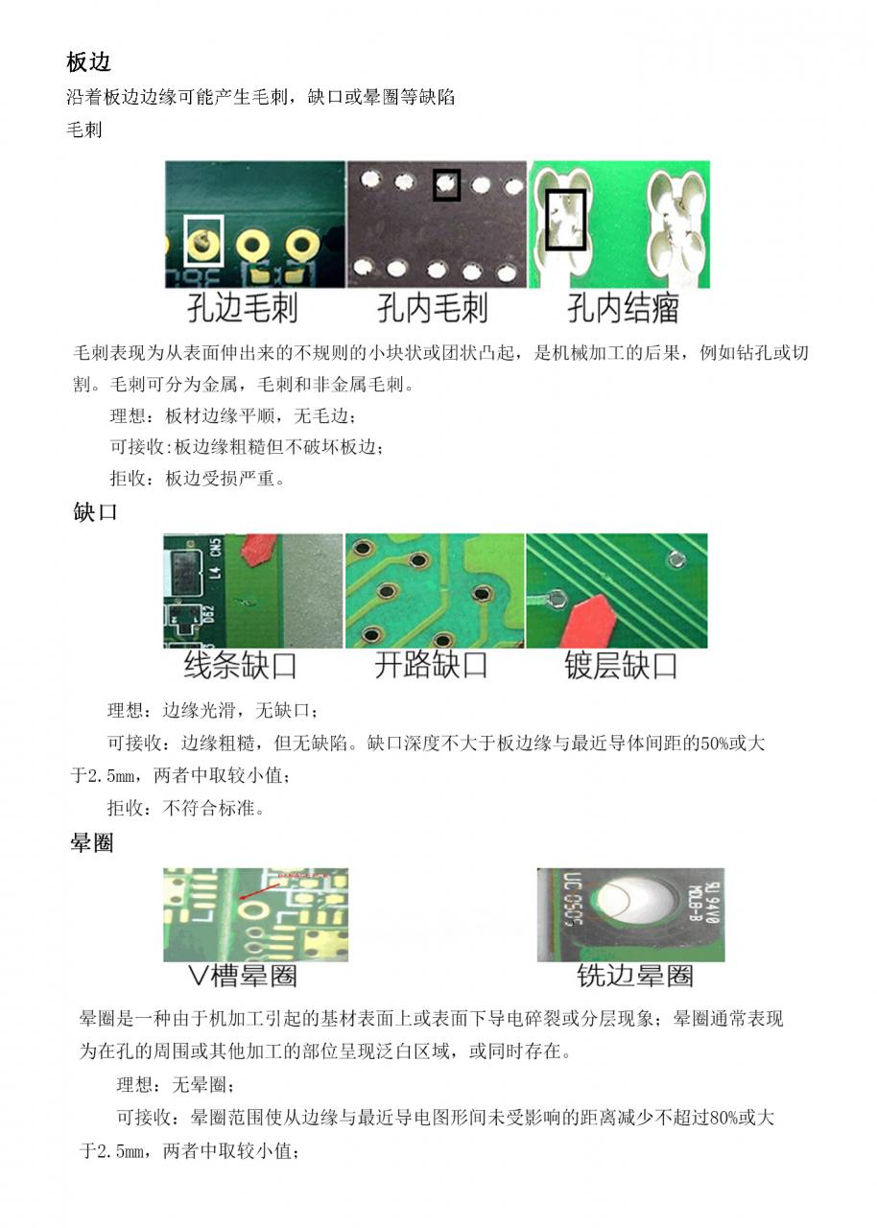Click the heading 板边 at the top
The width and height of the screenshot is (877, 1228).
(x=89, y=62)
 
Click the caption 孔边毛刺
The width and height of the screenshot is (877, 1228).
(x=242, y=309)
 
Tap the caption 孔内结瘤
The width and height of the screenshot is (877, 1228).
(x=623, y=309)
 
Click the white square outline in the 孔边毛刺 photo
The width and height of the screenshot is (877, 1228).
(x=202, y=240)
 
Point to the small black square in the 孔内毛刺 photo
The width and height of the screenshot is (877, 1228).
(x=446, y=184)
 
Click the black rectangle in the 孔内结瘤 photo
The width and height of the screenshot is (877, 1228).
(x=566, y=220)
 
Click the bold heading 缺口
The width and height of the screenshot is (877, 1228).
(x=96, y=511)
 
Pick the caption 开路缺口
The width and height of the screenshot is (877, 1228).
(x=431, y=666)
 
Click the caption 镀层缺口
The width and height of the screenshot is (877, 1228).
(x=622, y=666)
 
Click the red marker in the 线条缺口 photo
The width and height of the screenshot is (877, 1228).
(x=256, y=551)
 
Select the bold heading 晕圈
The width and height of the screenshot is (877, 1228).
(x=92, y=843)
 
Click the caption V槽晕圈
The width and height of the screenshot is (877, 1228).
(x=243, y=977)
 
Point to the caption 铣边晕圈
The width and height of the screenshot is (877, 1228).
(x=634, y=977)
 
